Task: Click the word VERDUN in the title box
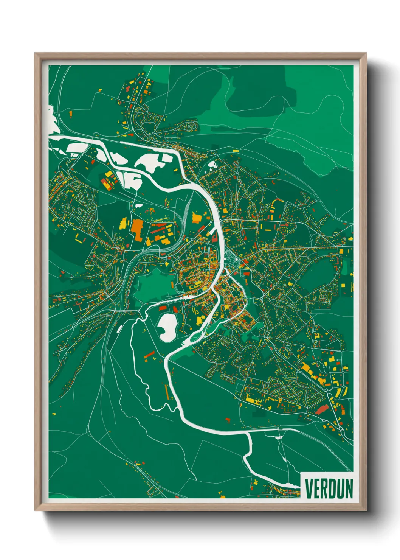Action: point(329,488)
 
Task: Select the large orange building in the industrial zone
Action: point(136,229)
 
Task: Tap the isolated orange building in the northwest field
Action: point(70,114)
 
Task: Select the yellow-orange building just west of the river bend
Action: point(197,218)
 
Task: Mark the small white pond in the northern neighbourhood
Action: point(213,165)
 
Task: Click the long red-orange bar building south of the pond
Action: point(150,355)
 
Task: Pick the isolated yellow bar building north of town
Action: point(236,151)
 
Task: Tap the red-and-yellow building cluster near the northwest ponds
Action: point(108,181)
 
